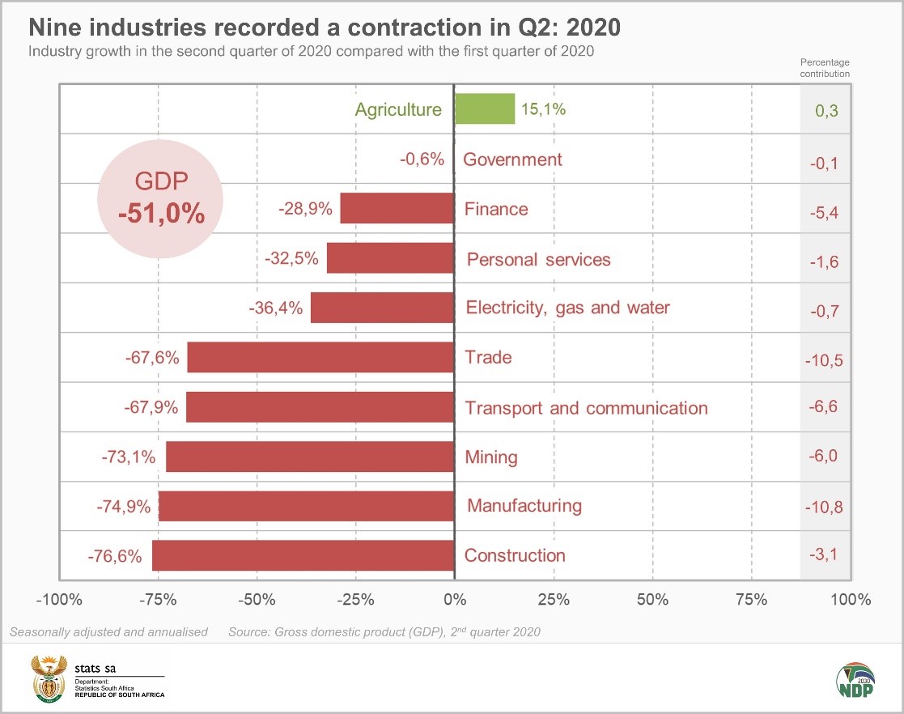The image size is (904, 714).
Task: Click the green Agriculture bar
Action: tap(484, 108)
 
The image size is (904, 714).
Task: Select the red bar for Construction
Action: tap(303, 555)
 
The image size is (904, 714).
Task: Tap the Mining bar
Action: tap(310, 457)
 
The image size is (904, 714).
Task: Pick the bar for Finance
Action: tap(397, 208)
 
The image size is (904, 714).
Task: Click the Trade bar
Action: tap(320, 357)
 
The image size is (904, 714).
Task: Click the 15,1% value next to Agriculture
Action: tap(543, 109)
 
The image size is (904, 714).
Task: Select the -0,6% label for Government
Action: tap(422, 159)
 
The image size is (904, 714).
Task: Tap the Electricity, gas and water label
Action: tap(568, 308)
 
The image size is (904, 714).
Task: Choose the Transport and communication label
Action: tap(586, 408)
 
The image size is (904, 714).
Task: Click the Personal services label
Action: tap(539, 260)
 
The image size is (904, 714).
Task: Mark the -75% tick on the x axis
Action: tap(158, 600)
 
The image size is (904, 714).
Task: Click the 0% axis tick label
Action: tap(454, 600)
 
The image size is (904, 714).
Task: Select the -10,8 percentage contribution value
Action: tap(824, 508)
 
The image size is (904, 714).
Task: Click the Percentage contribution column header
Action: tap(825, 67)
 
